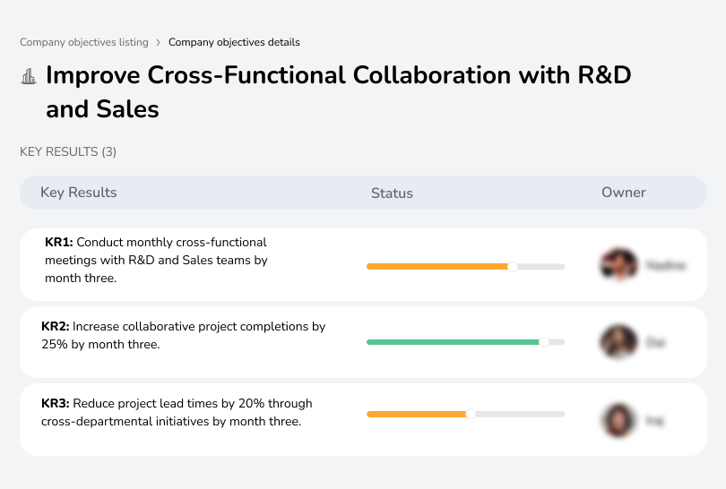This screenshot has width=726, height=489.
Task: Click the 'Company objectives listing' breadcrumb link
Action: pyautogui.click(x=84, y=42)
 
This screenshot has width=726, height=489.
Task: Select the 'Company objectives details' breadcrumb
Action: pyautogui.click(x=234, y=42)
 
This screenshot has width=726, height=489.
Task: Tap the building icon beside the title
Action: pyautogui.click(x=29, y=76)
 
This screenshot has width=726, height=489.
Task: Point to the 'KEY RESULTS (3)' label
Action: pyautogui.click(x=68, y=152)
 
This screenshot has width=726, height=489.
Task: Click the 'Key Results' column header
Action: pyautogui.click(x=79, y=193)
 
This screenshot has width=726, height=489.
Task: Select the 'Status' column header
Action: pyautogui.click(x=392, y=193)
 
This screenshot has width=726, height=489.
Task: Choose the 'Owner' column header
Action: pyautogui.click(x=624, y=193)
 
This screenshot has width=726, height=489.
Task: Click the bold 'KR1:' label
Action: pyautogui.click(x=58, y=242)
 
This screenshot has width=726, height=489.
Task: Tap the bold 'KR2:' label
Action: pyautogui.click(x=56, y=327)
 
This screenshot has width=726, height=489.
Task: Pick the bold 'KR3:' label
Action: pyautogui.click(x=56, y=404)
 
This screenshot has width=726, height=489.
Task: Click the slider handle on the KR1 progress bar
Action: pyautogui.click(x=513, y=266)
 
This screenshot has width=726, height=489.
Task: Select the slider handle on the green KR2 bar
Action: pyautogui.click(x=543, y=342)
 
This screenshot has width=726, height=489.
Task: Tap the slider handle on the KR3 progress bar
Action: pyautogui.click(x=471, y=414)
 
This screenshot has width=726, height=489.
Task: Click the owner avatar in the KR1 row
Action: pyautogui.click(x=617, y=265)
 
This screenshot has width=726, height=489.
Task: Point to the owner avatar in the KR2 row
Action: pyautogui.click(x=617, y=342)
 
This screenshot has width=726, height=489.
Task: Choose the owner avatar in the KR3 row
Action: pyautogui.click(x=617, y=419)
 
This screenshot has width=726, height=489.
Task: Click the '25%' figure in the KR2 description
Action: pyautogui.click(x=55, y=345)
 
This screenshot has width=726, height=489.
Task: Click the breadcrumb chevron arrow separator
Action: pyautogui.click(x=158, y=42)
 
